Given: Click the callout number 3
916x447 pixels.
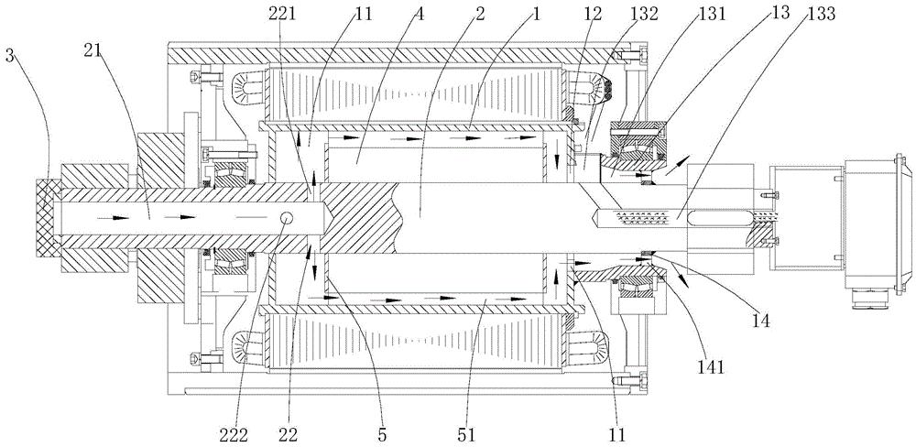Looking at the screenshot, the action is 9,56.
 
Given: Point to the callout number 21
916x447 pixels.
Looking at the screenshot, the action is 93,49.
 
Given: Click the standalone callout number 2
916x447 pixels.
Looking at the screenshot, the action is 480,14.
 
